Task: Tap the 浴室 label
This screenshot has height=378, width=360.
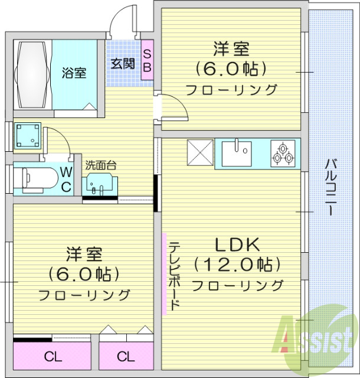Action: [x=75, y=73]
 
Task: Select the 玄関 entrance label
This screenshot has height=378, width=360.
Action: [x=122, y=63]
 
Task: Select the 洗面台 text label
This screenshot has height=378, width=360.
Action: [x=100, y=165]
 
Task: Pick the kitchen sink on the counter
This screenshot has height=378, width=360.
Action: [x=236, y=154]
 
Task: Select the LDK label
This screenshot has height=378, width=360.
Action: [x=237, y=244]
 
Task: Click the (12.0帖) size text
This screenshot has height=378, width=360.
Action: [x=237, y=263]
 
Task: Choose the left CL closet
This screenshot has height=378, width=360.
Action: [x=53, y=357]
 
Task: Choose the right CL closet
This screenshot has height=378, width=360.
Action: [x=125, y=357]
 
